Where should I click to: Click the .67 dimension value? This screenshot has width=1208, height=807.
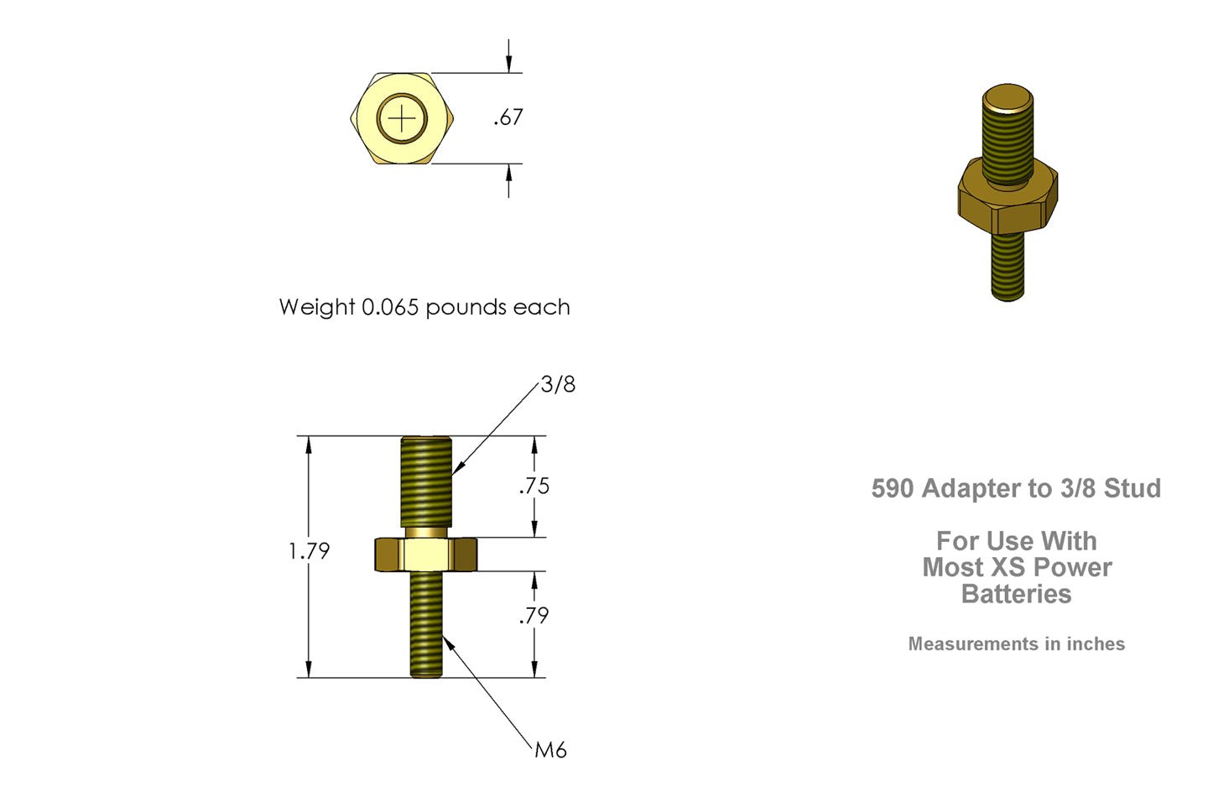508,117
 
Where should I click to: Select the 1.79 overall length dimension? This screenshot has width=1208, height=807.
309,551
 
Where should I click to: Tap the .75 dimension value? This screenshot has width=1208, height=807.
534,486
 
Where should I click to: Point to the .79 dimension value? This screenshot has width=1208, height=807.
534,616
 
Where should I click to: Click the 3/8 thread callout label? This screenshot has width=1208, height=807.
558,384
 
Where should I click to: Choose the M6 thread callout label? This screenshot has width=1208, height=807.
550,750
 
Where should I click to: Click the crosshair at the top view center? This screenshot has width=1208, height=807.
403,119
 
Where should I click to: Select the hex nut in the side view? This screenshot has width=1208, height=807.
425,554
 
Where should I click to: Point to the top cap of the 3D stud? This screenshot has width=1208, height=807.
1008,96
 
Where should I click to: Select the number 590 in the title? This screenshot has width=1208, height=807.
893,488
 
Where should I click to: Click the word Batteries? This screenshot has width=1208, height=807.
1016,594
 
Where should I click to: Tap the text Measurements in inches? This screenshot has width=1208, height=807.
1016,644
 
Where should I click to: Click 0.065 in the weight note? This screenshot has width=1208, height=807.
389,307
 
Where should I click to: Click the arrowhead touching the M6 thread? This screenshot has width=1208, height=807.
447,641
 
